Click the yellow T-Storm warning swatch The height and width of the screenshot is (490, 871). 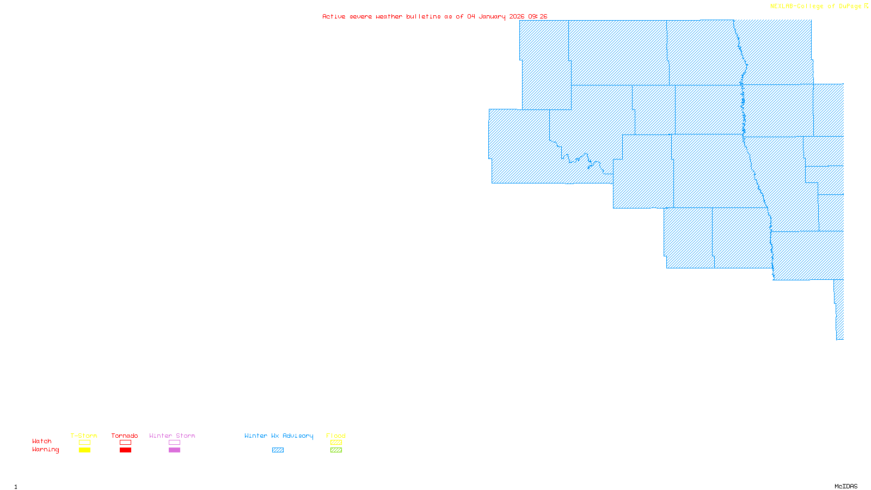tap(84, 450)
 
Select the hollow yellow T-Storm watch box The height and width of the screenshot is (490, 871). tap(84, 443)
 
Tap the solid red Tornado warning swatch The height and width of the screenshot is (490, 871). tap(126, 450)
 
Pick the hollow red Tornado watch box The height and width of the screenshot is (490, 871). tap(126, 443)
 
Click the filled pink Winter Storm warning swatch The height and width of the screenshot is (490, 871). tap(174, 450)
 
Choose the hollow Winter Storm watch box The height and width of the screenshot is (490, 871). tap(174, 443)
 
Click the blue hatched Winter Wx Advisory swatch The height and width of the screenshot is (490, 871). tap(278, 450)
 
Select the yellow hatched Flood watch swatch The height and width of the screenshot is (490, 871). tap(336, 443)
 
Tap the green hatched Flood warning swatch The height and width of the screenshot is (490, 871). tap(336, 450)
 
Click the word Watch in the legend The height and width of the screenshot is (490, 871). tap(42, 442)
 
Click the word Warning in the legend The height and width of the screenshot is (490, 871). tap(45, 450)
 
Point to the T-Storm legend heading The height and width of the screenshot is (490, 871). tap(84, 436)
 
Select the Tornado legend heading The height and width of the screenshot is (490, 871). tap(125, 436)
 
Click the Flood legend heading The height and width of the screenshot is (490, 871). tap(336, 436)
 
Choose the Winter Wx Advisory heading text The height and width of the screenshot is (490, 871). tap(279, 436)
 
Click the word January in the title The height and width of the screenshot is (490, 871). tap(492, 17)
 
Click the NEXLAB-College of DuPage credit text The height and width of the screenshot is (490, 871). tap(815, 7)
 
